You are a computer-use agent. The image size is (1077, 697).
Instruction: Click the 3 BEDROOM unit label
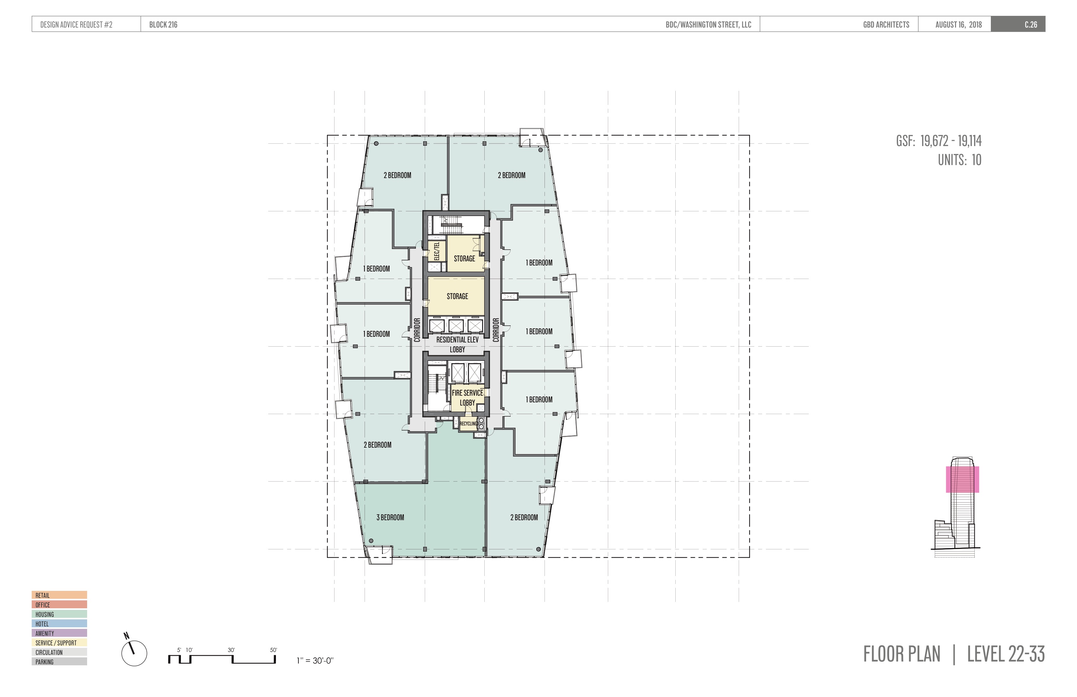pos(390,517)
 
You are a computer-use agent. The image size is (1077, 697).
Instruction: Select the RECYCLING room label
pos(468,424)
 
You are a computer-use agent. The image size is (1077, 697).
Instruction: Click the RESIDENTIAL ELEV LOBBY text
pos(457,344)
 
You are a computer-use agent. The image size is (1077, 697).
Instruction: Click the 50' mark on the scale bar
pos(273,650)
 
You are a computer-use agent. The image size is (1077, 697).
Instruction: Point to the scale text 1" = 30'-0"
pos(315,661)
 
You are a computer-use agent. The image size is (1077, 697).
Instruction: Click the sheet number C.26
pos(1031,24)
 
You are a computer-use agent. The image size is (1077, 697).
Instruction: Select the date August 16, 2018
pos(959,24)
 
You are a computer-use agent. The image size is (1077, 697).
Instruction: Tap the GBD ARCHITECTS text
pos(886,24)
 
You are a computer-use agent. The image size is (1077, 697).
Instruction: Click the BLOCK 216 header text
pos(163,24)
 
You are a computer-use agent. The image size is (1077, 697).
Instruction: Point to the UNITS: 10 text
pos(959,160)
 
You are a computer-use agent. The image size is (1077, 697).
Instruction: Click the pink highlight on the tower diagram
pos(963,479)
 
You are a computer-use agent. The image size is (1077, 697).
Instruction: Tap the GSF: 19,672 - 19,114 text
pos(939,141)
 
